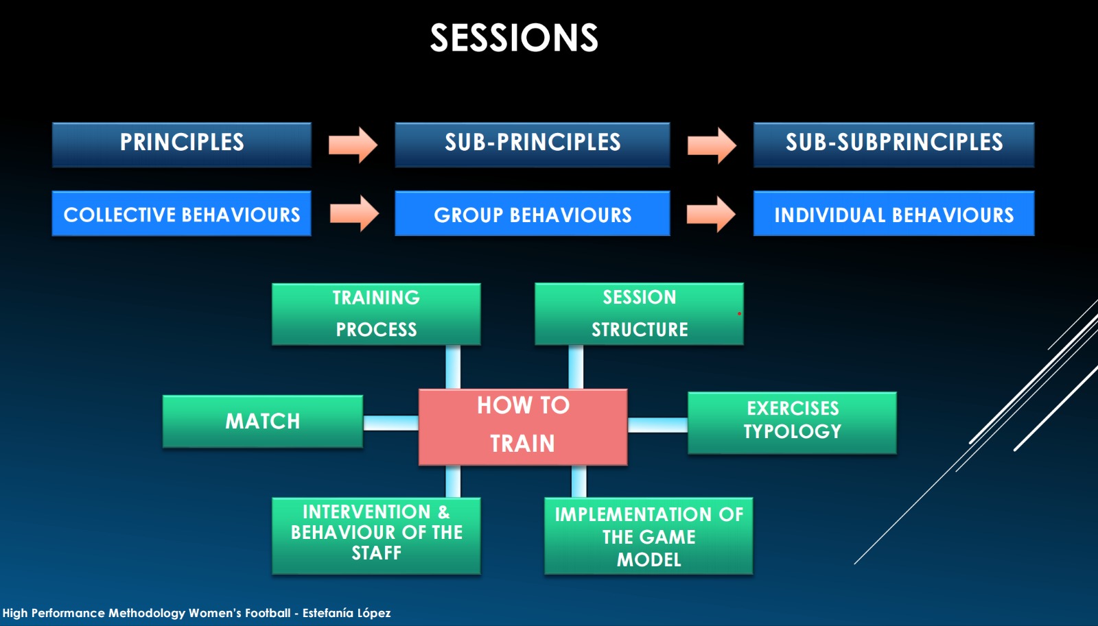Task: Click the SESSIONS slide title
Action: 514,38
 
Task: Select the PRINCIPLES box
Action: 182,145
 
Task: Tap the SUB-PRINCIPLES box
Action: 533,145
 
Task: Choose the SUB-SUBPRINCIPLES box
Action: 893,145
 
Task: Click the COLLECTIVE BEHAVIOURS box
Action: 182,214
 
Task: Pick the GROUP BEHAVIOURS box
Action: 533,214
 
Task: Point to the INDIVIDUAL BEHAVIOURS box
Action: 893,214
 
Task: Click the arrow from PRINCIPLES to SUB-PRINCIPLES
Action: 353,145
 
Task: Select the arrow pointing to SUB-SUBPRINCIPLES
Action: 712,145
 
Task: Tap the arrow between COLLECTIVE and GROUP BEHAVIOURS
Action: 354,214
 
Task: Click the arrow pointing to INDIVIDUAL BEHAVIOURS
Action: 711,214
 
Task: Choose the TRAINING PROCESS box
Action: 376,314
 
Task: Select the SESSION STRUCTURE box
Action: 639,314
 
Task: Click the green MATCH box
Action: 263,422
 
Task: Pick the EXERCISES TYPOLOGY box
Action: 792,422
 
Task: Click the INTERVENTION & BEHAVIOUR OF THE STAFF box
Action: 376,535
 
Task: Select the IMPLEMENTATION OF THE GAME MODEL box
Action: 649,536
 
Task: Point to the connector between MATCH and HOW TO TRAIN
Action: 390,423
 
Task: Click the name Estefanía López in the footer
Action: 347,613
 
